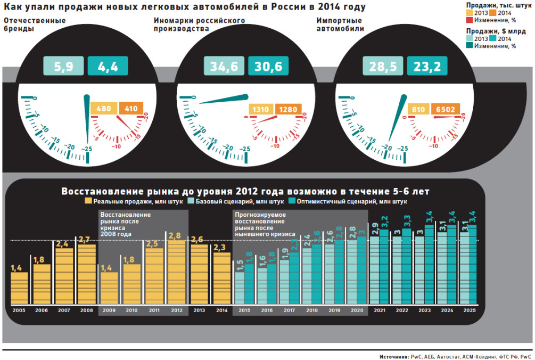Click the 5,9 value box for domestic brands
coord(64,67)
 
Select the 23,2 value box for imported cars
coord(427,67)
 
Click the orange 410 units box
coord(131,109)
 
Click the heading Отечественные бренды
coord(35,24)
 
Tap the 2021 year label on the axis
coord(380,310)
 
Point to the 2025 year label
coord(470,310)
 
